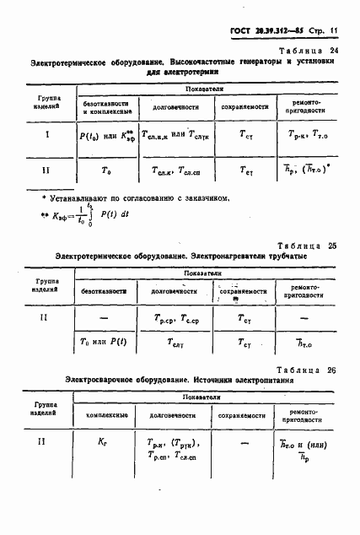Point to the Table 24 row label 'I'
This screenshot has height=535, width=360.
[x=47, y=133]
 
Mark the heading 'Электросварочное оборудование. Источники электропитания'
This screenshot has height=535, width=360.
[x=169, y=381]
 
